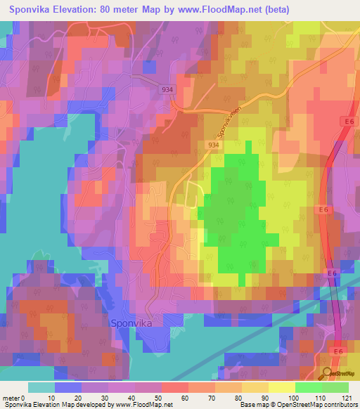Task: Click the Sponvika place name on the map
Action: [132, 323]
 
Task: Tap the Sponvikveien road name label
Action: [225, 120]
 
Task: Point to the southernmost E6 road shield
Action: [340, 351]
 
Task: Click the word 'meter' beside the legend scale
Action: [12, 398]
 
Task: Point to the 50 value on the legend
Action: [162, 398]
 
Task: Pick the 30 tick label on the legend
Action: [108, 398]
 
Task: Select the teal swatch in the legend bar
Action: [41, 387]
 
